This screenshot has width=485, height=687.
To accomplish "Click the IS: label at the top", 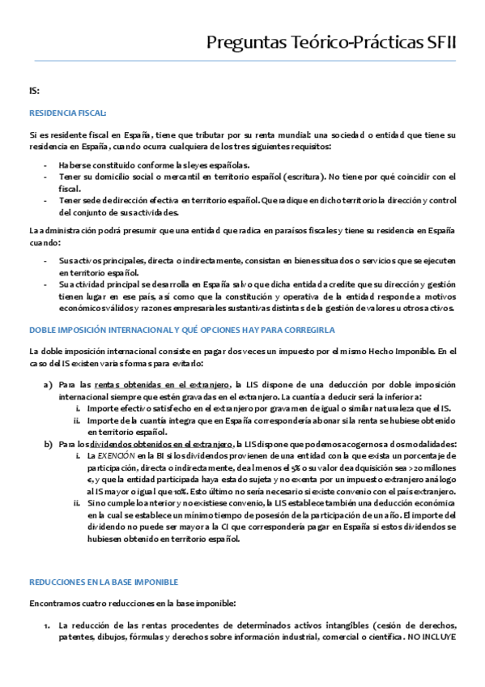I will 34,91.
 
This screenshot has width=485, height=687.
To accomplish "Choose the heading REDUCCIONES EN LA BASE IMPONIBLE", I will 103,559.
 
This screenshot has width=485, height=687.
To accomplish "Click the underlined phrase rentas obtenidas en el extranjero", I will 162,386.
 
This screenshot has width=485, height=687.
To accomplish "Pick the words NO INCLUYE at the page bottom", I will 432,637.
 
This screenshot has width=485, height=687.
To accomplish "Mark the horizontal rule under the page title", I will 242,61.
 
